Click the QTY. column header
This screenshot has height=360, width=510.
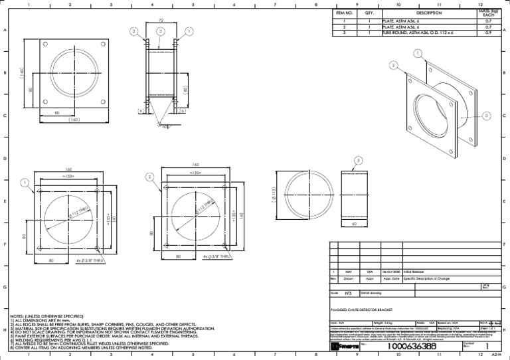click(x=369, y=13)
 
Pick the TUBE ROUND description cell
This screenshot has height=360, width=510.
click(x=404, y=32)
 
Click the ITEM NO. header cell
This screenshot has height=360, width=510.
click(x=345, y=13)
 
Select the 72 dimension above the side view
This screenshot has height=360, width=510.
click(x=161, y=21)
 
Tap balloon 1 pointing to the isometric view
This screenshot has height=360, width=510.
click(x=416, y=53)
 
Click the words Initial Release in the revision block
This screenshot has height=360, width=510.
click(x=415, y=272)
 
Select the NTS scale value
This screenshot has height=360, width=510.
click(x=348, y=292)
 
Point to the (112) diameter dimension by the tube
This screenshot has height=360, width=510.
click(x=273, y=193)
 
